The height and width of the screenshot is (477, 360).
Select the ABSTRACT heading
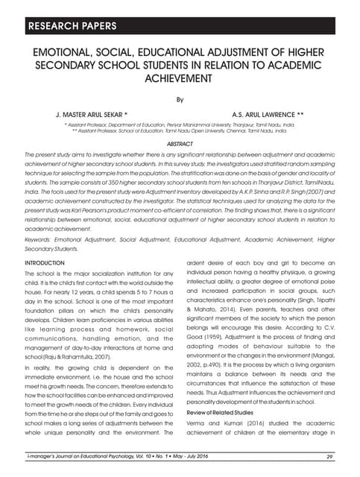[x=180, y=144]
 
